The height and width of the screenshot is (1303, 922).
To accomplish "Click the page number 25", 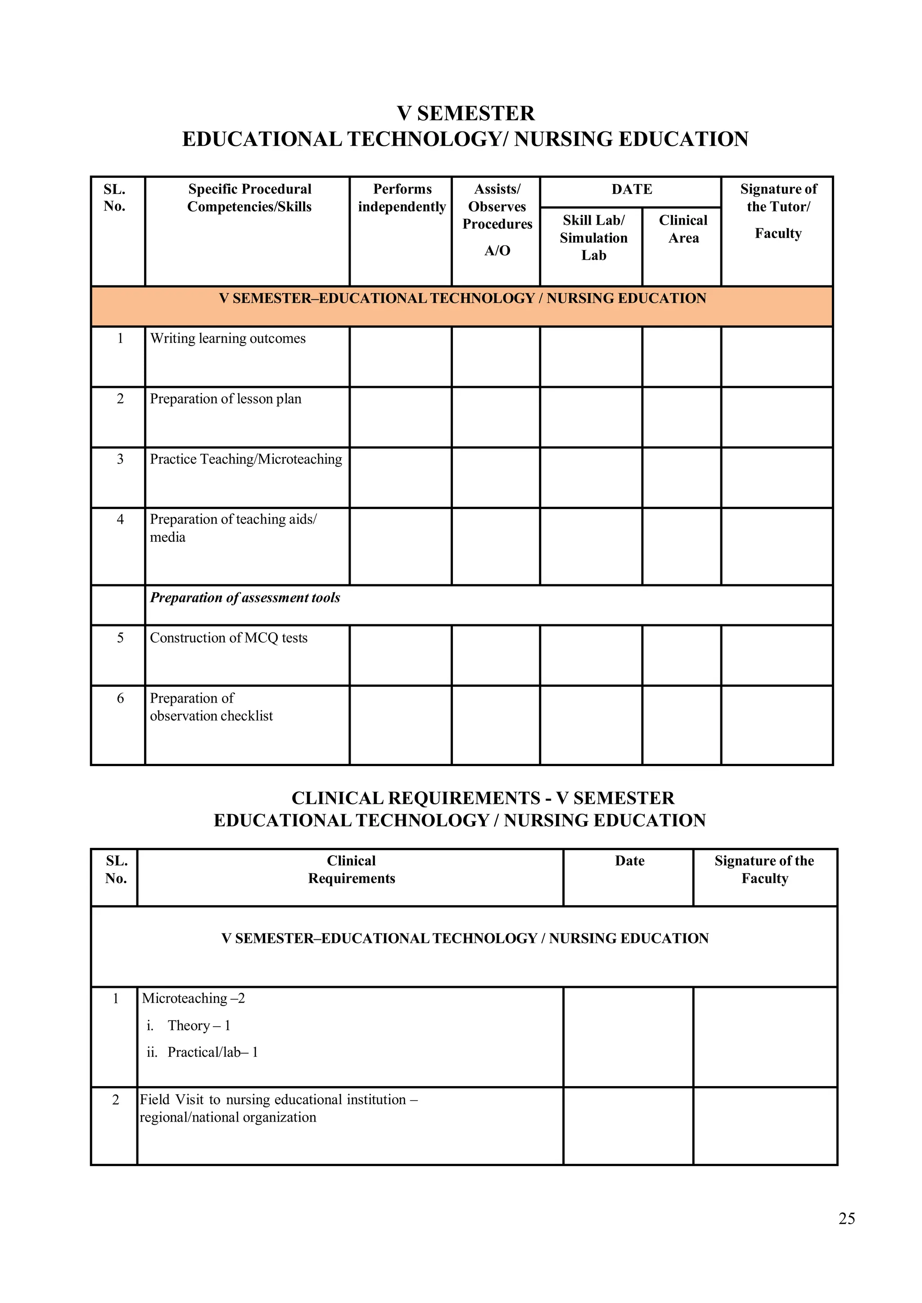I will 846,1218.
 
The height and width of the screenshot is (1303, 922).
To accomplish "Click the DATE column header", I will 631,189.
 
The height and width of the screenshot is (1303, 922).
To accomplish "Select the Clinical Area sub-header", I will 683,229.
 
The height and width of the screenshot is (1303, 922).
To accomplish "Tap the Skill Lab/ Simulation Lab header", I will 593,238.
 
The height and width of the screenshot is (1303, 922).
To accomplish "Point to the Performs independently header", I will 402,198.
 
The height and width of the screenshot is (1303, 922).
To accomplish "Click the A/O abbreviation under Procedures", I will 497,251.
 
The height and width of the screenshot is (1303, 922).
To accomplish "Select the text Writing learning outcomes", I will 228,339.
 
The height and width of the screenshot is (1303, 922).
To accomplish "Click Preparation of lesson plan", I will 226,399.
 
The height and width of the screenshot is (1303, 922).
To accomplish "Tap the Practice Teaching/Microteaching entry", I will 246,459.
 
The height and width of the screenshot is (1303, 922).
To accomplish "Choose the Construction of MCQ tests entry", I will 228,638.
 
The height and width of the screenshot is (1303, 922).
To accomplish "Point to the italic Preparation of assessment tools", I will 245,598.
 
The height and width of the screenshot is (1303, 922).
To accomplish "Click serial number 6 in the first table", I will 120,699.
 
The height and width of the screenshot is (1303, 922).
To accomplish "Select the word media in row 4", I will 167,537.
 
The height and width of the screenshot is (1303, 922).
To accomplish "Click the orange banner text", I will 462,298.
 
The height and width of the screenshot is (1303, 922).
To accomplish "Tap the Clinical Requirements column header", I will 352,870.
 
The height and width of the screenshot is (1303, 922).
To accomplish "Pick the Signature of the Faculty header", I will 764,870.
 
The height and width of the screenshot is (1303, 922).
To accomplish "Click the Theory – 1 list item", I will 198,1025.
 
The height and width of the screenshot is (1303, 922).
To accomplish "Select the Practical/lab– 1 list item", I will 212,1052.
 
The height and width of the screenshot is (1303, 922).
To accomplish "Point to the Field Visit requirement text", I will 278,1109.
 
